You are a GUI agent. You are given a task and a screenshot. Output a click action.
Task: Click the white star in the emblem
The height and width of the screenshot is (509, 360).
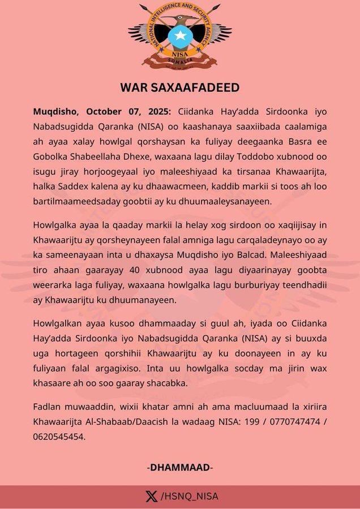179,36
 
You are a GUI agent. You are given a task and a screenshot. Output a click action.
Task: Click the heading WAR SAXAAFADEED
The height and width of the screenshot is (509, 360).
180,88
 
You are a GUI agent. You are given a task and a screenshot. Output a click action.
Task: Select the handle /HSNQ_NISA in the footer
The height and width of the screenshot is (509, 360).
190,497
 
